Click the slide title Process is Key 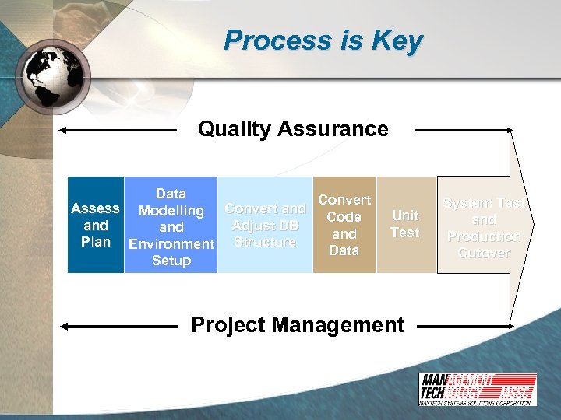click(x=323, y=40)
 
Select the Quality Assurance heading click(x=293, y=128)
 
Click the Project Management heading click(x=298, y=324)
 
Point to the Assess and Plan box click(x=95, y=226)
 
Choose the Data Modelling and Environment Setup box click(x=171, y=227)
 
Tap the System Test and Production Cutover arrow click(x=484, y=227)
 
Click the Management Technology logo click(x=477, y=389)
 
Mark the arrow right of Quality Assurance click(x=464, y=130)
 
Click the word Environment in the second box click(x=171, y=244)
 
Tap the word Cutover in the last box click(x=484, y=253)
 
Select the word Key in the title click(x=398, y=40)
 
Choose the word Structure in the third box click(x=265, y=242)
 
